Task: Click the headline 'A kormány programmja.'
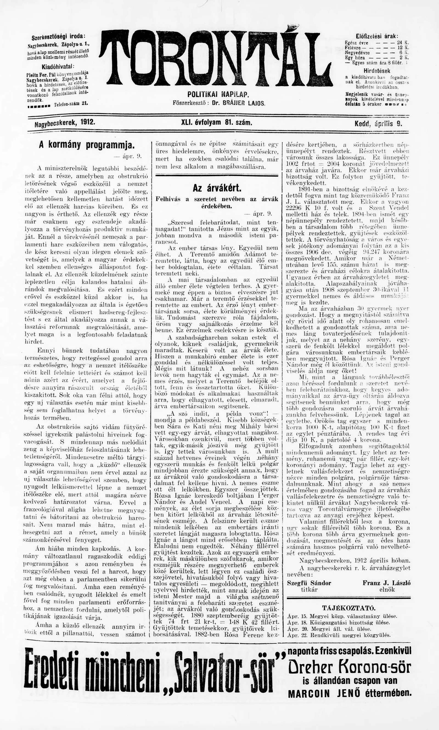87,145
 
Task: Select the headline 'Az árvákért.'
217,188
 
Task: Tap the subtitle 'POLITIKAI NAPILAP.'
218,95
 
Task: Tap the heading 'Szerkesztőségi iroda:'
58,37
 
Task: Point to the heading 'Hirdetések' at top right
377,71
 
